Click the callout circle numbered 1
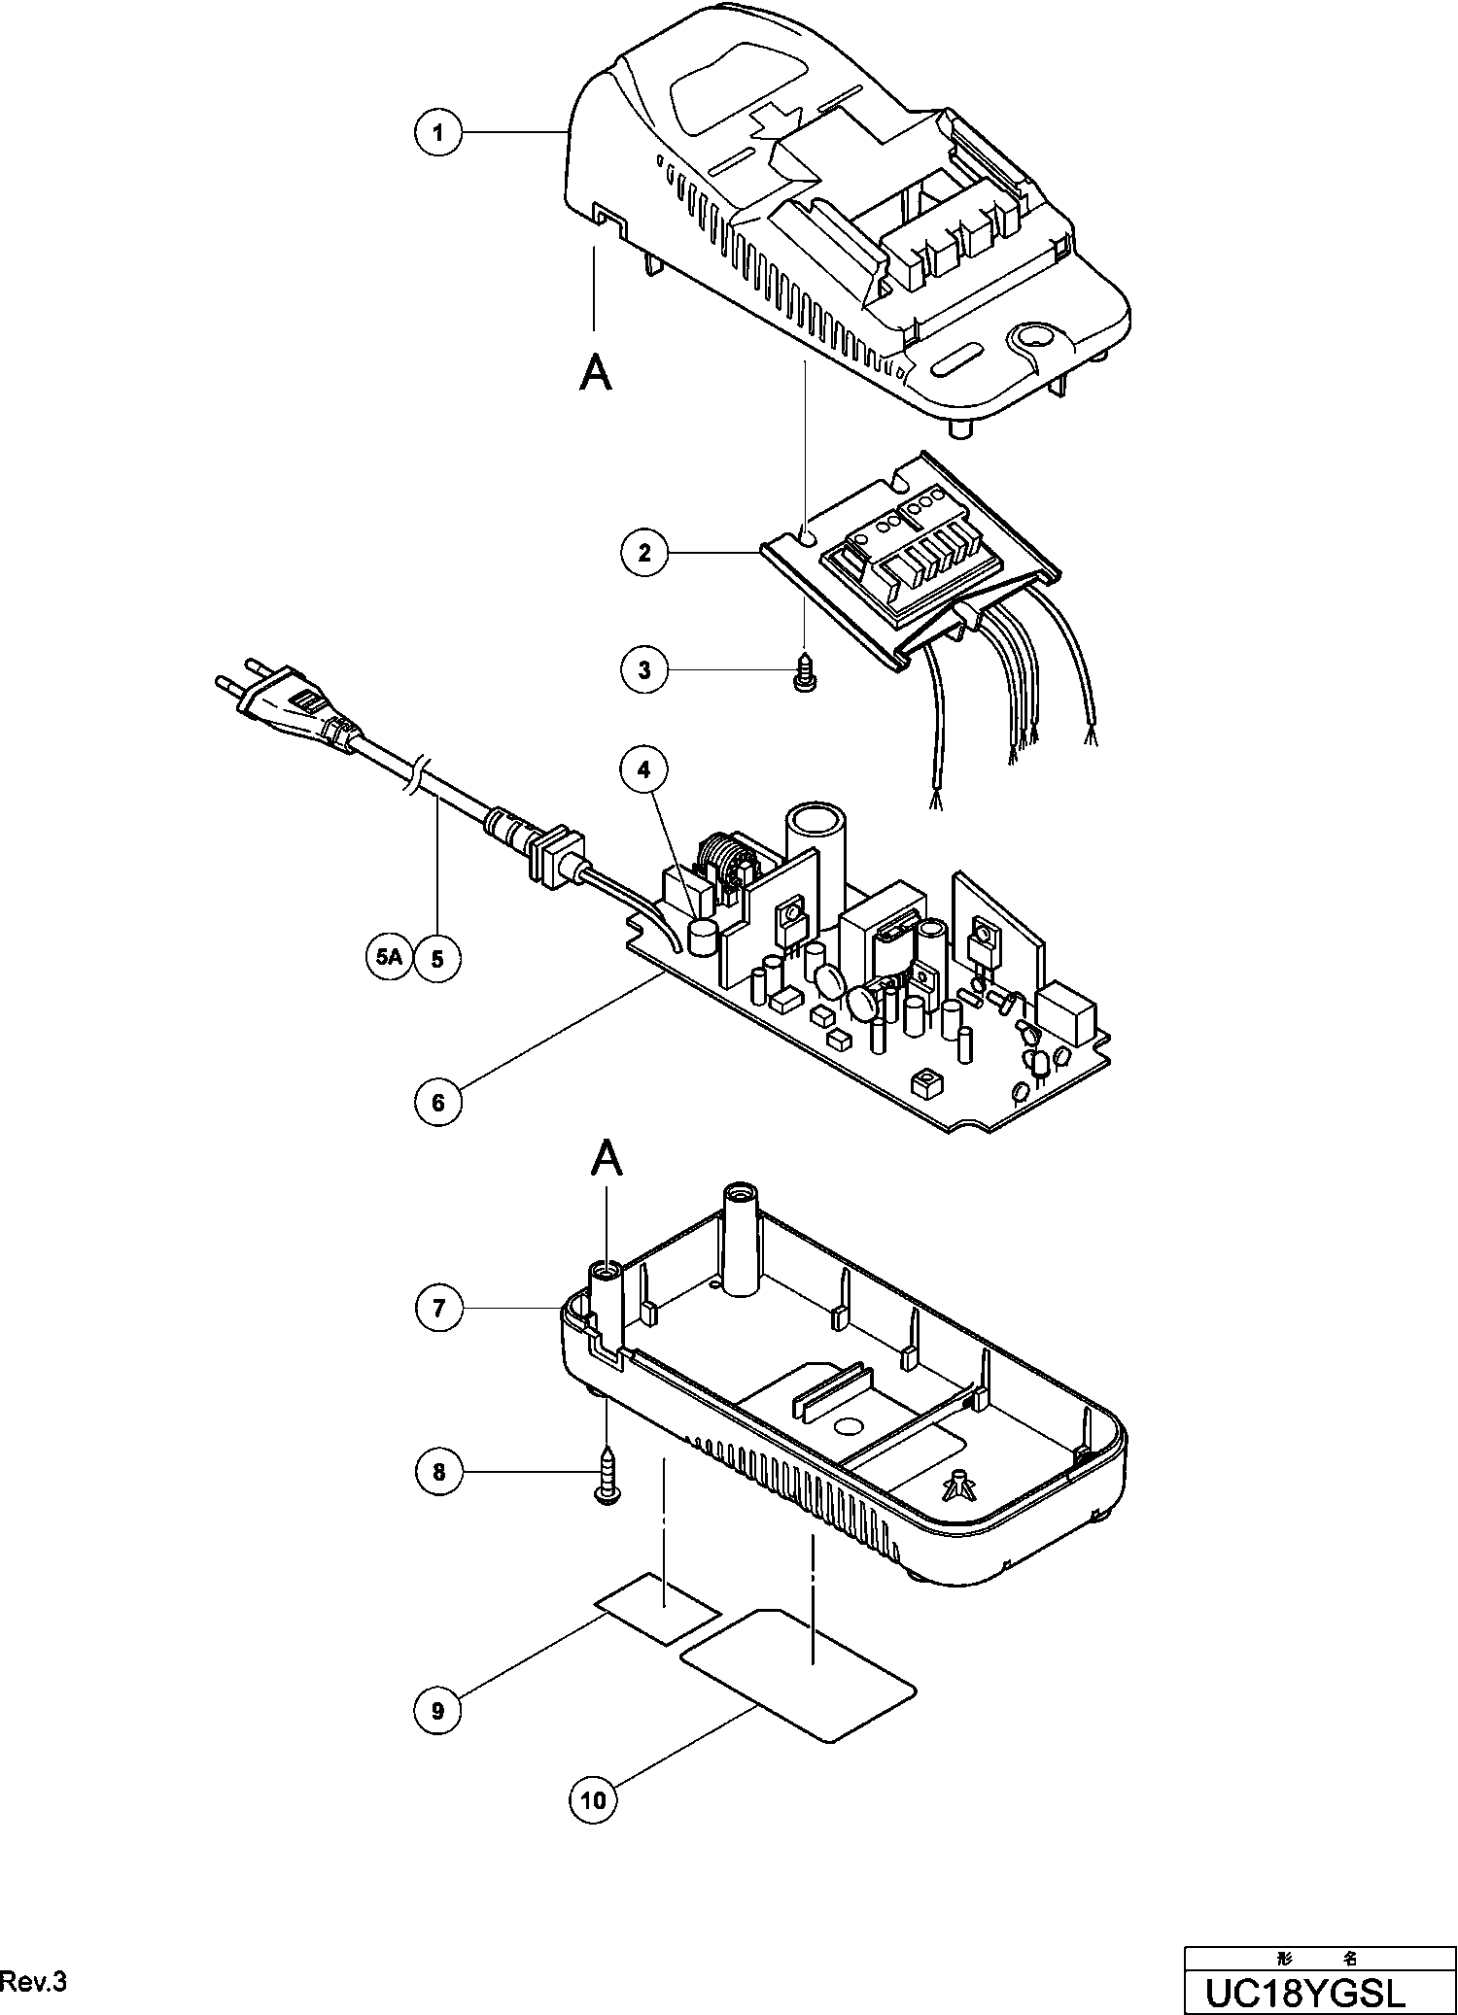(x=438, y=132)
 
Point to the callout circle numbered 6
(x=438, y=1102)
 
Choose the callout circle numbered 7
(x=438, y=1309)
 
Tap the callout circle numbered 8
(x=438, y=1472)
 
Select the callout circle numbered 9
(x=438, y=1710)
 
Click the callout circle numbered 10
(x=593, y=1800)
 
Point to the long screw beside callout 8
(x=607, y=1478)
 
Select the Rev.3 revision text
(x=35, y=1982)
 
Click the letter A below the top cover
(x=596, y=372)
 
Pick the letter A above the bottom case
(x=607, y=1159)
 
